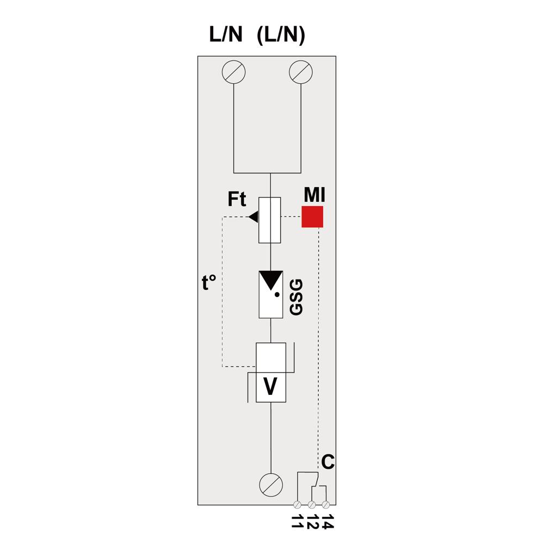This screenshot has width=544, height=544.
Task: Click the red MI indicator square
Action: point(312,217)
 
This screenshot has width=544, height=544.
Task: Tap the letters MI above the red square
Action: point(314,195)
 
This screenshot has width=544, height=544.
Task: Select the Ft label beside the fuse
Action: point(237,199)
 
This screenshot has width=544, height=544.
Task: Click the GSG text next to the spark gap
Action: point(296,298)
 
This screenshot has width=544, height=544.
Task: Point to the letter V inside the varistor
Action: point(270,386)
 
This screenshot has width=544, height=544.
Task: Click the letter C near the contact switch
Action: point(328,462)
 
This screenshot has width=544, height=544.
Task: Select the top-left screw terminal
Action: point(234,72)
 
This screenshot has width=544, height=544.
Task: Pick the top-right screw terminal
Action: point(301,72)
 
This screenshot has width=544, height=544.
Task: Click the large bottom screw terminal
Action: point(271,485)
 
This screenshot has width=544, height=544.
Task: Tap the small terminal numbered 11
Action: point(298,504)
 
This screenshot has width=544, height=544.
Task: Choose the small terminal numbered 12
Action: point(312,504)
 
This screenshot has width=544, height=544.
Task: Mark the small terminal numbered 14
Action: point(325,504)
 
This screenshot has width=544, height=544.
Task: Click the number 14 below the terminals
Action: point(327,522)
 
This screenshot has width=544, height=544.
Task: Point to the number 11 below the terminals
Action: point(298,522)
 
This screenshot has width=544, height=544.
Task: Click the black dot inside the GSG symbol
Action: point(277,294)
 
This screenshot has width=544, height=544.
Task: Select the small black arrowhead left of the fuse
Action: point(254,217)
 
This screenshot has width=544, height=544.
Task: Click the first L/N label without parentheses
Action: point(226,35)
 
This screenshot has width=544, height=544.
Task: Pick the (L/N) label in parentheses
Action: point(281,35)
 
